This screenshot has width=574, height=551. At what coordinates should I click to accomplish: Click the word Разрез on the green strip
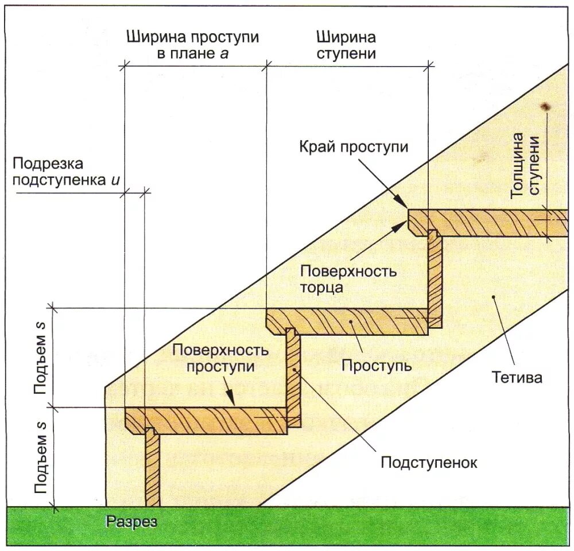click(x=131, y=522)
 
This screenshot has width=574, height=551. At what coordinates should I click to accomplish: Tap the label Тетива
click(x=517, y=378)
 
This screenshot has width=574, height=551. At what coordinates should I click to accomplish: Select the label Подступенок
click(x=429, y=462)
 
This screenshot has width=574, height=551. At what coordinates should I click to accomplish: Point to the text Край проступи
click(x=354, y=147)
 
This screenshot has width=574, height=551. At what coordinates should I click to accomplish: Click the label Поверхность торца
click(x=348, y=279)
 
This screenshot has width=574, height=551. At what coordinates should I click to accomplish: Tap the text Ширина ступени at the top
click(x=346, y=46)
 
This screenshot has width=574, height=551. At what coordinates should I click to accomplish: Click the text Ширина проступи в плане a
click(x=192, y=46)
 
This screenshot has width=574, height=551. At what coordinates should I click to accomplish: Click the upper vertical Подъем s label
click(x=40, y=357)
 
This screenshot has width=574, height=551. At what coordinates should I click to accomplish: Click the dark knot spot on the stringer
click(x=545, y=107)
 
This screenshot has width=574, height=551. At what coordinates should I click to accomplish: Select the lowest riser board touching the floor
click(x=152, y=468)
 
